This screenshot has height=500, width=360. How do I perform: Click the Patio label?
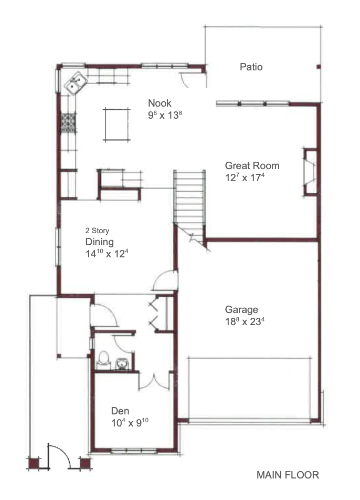pyautogui.click(x=251, y=67)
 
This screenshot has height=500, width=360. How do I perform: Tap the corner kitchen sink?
pyautogui.click(x=76, y=83)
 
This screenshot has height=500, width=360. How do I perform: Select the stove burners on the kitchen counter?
pyautogui.click(x=68, y=123)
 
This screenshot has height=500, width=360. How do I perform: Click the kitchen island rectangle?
pyautogui.click(x=117, y=124)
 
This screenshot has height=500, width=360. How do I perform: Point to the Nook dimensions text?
pyautogui.click(x=165, y=115)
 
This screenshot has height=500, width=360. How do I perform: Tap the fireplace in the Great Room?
pyautogui.click(x=310, y=172)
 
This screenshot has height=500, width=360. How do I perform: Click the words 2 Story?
pyautogui.click(x=97, y=231)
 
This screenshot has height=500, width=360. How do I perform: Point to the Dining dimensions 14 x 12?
pyautogui.click(x=107, y=254)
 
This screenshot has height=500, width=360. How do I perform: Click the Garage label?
pyautogui.click(x=241, y=310)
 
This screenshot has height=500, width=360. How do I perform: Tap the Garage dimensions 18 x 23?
pyautogui.click(x=245, y=321)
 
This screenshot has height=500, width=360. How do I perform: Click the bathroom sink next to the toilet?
pyautogui.click(x=121, y=363)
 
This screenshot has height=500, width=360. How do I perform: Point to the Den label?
pyautogui.click(x=120, y=411)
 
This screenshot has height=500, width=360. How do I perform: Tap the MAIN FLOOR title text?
pyautogui.click(x=288, y=475)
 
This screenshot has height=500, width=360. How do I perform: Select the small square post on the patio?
pyautogui.click(x=318, y=67)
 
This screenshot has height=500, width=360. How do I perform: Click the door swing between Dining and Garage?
pyautogui.click(x=165, y=280)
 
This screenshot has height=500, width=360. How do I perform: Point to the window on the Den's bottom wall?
pyautogui.click(x=134, y=451)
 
